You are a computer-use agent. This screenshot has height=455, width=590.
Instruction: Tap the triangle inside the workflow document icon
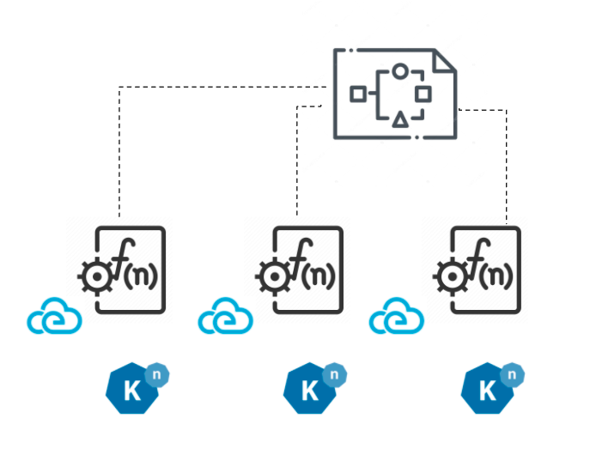tap(399, 119)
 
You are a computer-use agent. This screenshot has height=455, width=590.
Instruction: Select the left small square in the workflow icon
tap(357, 94)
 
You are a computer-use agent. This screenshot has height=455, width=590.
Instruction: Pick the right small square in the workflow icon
tap(423, 94)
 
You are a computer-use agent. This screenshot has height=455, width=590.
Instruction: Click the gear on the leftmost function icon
tap(94, 276)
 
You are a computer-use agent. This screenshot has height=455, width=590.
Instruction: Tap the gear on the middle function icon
tap(272, 276)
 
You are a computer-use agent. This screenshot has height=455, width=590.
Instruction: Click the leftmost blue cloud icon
tap(54, 320)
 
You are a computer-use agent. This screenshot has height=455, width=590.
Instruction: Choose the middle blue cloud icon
tap(226, 320)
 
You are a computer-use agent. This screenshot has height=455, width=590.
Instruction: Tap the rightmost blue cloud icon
tap(398, 320)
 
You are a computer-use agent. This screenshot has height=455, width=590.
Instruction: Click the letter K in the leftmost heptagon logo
tap(131, 391)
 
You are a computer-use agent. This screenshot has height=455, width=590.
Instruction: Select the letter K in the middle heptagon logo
tap(309, 391)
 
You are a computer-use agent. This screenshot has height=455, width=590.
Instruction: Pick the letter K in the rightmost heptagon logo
tap(487, 391)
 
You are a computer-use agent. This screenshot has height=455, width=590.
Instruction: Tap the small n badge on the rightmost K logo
tap(512, 374)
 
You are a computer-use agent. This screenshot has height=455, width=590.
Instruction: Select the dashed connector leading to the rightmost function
tap(507, 163)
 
